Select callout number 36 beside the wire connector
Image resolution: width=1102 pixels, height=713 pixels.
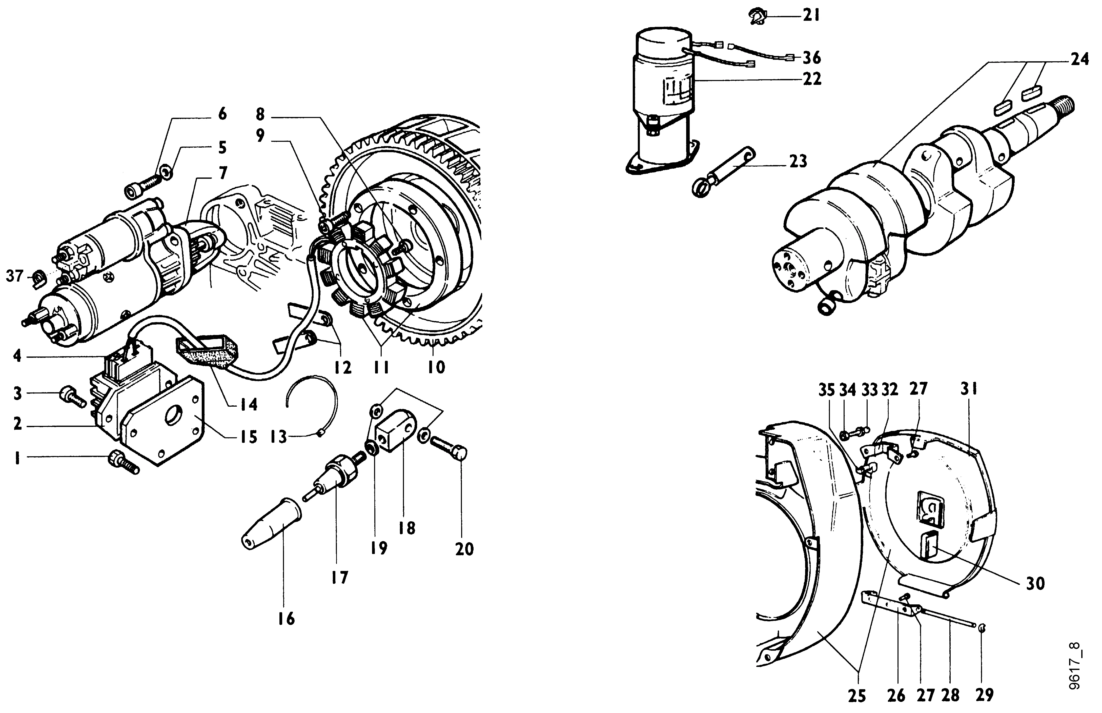click(x=811, y=58)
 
